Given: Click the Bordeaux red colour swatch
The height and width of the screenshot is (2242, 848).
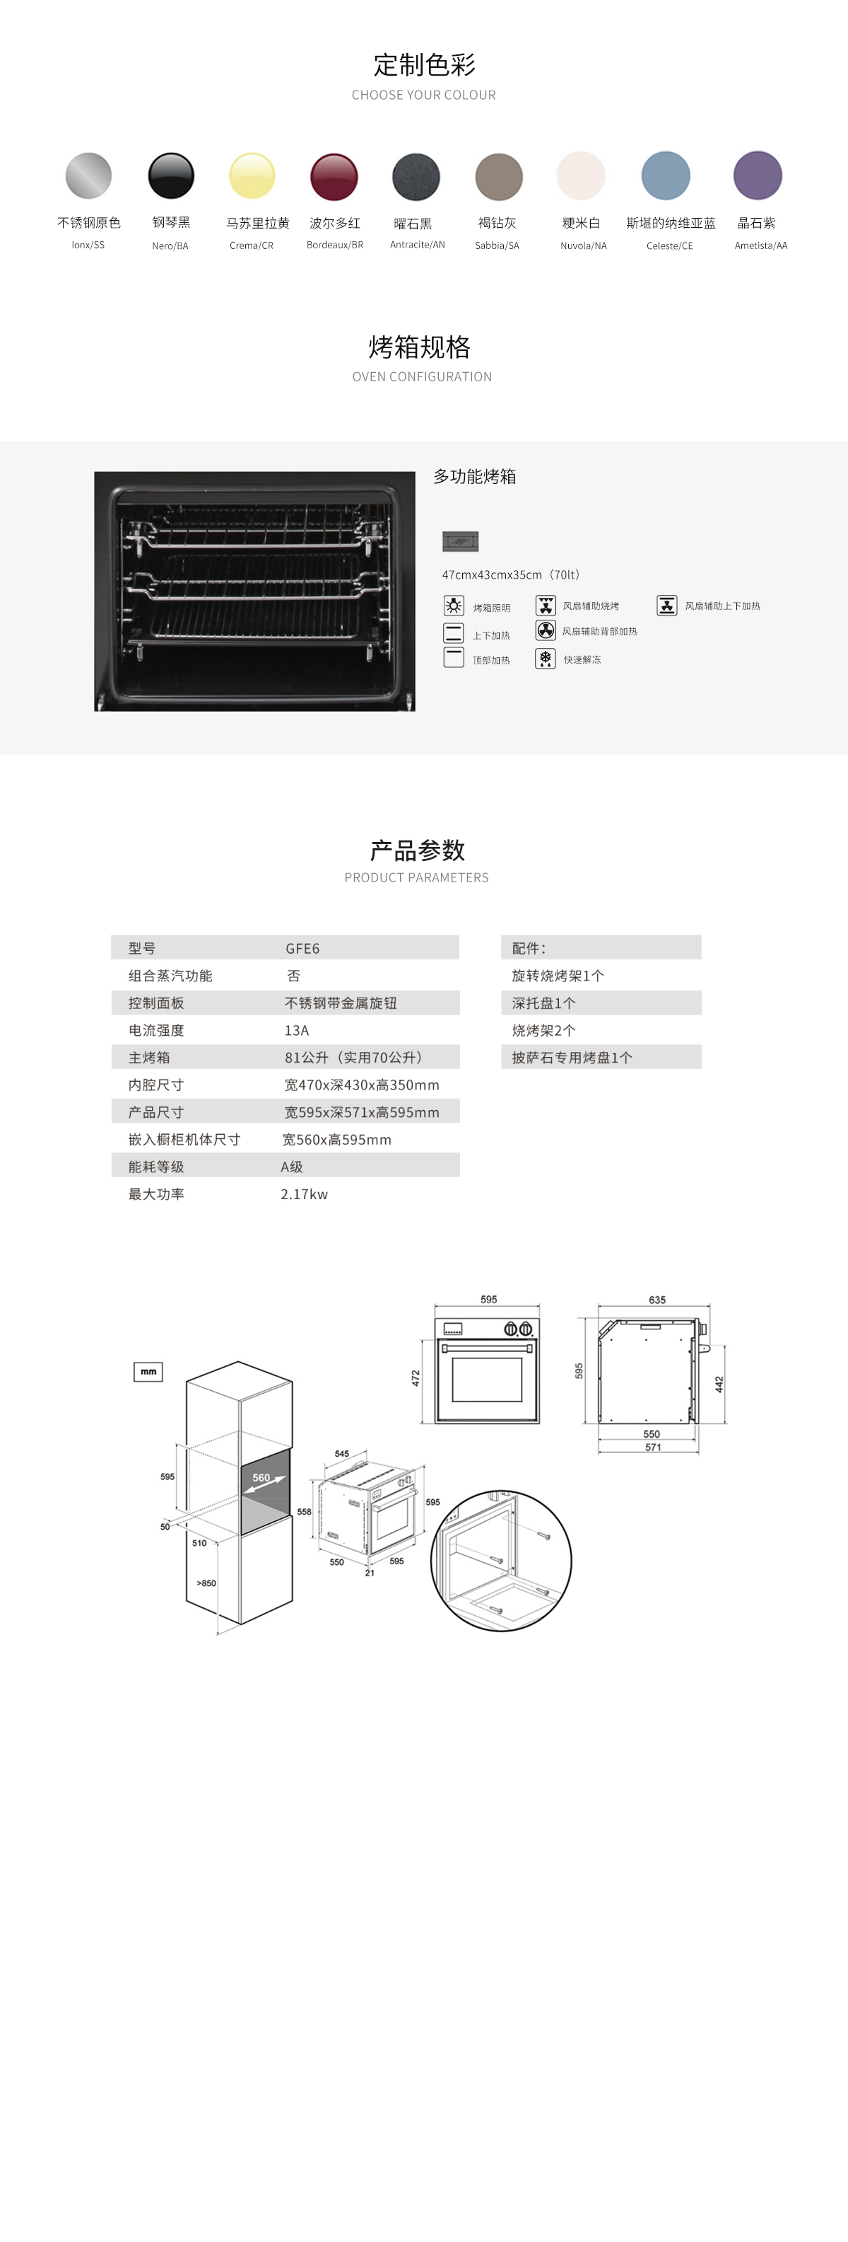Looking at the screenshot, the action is click(334, 177).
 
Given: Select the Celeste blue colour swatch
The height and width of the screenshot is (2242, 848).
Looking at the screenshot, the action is click(666, 176).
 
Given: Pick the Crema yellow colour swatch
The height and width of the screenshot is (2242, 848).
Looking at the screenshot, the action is click(252, 176).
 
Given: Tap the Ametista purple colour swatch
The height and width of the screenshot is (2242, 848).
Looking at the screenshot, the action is click(758, 176).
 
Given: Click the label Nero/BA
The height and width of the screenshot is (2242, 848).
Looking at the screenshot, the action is click(170, 245).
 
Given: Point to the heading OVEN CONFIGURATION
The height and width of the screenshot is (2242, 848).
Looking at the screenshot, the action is click(422, 377).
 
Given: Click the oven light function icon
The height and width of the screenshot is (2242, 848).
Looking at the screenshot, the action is click(453, 606).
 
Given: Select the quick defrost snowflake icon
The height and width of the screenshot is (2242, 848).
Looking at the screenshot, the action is click(546, 659).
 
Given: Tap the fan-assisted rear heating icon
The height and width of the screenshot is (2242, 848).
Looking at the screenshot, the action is click(546, 630).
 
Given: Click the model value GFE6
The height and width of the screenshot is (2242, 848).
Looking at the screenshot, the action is click(302, 949).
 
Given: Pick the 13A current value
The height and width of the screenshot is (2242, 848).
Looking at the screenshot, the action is click(297, 1031).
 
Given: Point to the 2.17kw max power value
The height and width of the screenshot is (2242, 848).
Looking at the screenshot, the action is click(305, 1194).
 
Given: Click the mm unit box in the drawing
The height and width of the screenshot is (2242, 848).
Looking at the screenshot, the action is click(148, 1372).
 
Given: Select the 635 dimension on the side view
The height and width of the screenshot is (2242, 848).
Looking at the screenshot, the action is click(656, 1300).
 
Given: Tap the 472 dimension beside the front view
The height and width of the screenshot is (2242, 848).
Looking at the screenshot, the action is click(416, 1379).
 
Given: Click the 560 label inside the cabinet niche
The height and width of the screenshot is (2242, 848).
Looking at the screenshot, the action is click(261, 1478).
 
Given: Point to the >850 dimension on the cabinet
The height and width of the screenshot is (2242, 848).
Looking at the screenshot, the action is click(206, 1583).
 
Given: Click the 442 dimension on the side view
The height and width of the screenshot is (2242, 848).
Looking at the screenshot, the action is click(719, 1385).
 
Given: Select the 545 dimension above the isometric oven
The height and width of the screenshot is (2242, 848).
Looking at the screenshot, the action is click(342, 1453).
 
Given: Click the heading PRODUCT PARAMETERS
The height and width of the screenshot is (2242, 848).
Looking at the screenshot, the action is click(417, 877).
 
